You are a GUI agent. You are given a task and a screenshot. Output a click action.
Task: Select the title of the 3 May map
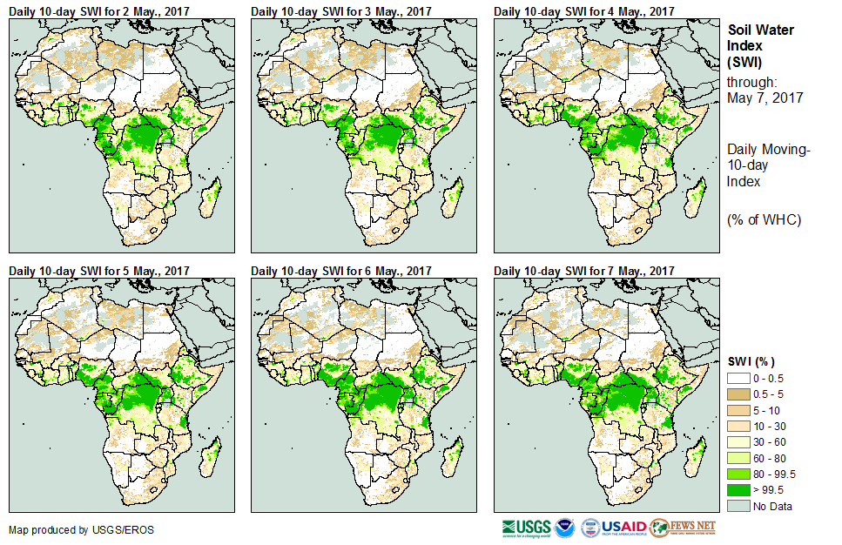coord(341,10)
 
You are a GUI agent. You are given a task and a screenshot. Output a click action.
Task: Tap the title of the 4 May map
coord(584,10)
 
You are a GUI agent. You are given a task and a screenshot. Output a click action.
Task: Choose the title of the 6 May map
coord(341,271)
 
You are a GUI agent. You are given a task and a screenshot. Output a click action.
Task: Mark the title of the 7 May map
coord(584,271)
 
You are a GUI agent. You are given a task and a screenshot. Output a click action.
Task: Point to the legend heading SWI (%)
coord(751,361)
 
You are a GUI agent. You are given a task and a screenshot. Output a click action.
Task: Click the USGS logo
coord(525,528)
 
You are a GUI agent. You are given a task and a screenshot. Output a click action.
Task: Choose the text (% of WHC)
coord(764,219)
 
